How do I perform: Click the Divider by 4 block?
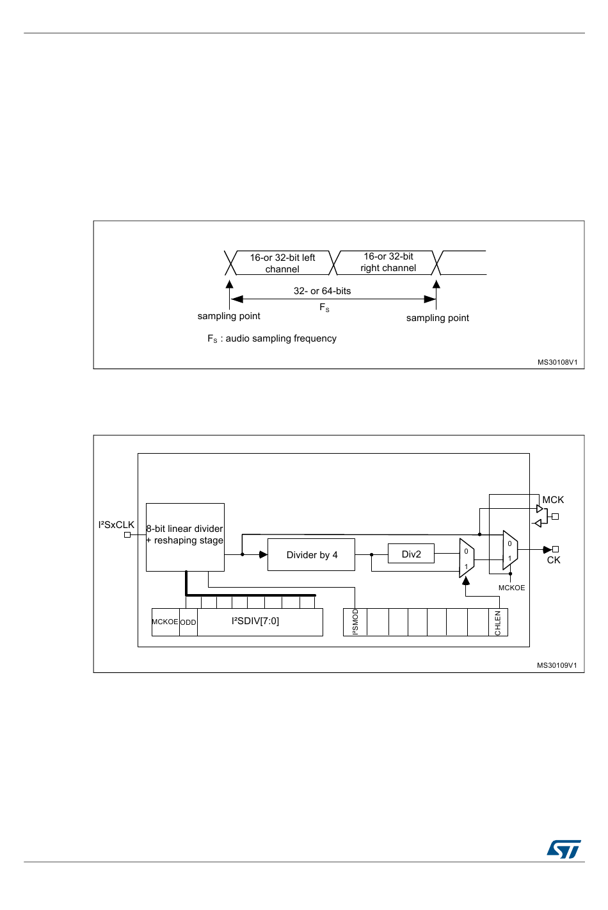point(311,555)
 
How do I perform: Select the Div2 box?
point(411,554)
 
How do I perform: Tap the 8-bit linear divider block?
point(185,536)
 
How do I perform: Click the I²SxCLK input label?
point(116,525)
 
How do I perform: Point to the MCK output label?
point(553,500)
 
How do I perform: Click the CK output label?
point(554,560)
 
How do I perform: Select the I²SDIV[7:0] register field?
point(255,621)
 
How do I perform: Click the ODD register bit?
point(188,622)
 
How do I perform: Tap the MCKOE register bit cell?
point(165,622)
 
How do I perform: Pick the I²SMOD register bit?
point(356,622)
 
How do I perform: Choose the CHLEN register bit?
point(498,623)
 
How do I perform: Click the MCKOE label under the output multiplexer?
point(511,588)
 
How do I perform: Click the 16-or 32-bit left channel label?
point(282,263)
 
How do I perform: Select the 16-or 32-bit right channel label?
point(388,262)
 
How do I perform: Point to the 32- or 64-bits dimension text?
point(322,291)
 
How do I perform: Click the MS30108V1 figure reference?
point(557,362)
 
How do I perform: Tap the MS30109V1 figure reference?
point(557,665)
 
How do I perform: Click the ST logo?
point(564,849)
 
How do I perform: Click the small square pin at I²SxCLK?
point(127,534)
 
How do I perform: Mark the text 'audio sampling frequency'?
point(281,338)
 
